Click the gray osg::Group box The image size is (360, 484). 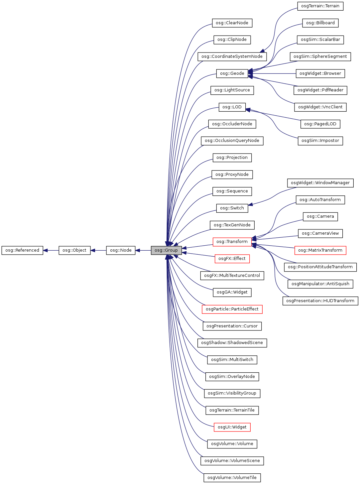[x=166, y=250]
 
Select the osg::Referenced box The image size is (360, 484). [x=22, y=250]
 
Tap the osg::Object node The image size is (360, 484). [x=74, y=250]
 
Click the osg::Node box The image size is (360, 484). [x=121, y=250]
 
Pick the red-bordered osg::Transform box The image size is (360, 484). [x=232, y=242]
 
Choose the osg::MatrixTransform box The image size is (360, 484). [x=320, y=250]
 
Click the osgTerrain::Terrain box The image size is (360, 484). [x=320, y=6]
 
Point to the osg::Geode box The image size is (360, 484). [x=232, y=73]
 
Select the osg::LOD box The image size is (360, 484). [x=232, y=107]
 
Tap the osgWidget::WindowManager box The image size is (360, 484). [x=320, y=183]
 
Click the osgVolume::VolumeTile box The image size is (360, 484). [x=232, y=478]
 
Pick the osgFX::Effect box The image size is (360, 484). [x=232, y=259]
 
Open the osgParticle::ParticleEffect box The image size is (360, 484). [x=232, y=309]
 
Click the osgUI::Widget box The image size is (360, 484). [x=232, y=427]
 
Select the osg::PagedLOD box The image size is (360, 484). [x=320, y=124]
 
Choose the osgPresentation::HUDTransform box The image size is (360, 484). [x=320, y=301]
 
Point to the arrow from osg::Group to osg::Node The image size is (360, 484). [x=143, y=250]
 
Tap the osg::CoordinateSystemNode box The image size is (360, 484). [x=232, y=57]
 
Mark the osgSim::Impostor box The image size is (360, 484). [x=320, y=141]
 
